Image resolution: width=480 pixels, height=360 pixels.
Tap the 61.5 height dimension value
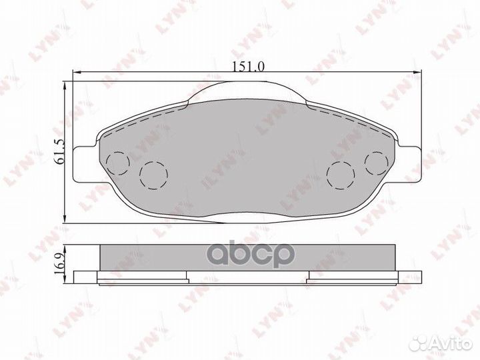[x=60, y=153]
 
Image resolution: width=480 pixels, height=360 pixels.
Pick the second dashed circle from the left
[x=153, y=175]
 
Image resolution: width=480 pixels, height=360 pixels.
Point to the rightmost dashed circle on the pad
[x=377, y=162]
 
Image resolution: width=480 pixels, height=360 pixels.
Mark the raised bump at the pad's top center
[x=248, y=91]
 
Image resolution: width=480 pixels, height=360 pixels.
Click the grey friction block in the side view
[x=248, y=256]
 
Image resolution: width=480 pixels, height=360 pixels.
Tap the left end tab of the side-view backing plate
[x=86, y=277]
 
